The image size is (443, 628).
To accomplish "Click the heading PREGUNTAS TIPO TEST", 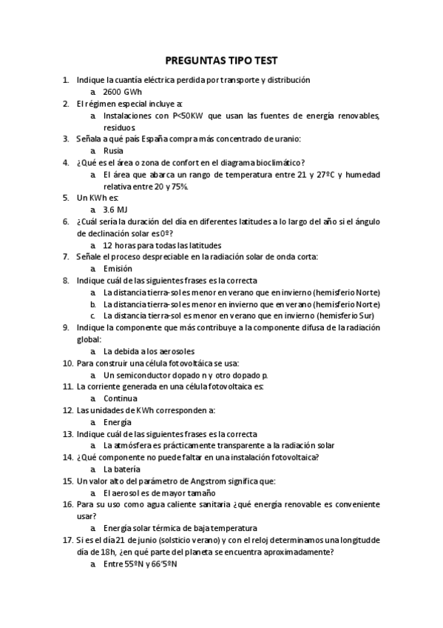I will coord(221,60).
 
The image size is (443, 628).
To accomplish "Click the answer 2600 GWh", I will coord(123,92).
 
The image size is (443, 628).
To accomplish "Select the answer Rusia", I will coord(113,150).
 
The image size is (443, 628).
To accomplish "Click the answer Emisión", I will coord(118,269).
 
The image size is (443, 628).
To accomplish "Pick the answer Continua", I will coord(121,398).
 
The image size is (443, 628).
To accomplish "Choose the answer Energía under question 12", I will coord(118,422).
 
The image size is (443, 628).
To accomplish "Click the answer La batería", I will coord(123,469).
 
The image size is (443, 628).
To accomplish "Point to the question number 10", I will coord(67,363).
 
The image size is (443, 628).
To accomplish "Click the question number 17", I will coord(67,540).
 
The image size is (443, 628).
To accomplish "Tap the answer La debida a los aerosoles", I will coord(149,351).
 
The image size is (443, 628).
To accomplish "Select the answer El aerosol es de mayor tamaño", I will coord(159,492).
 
